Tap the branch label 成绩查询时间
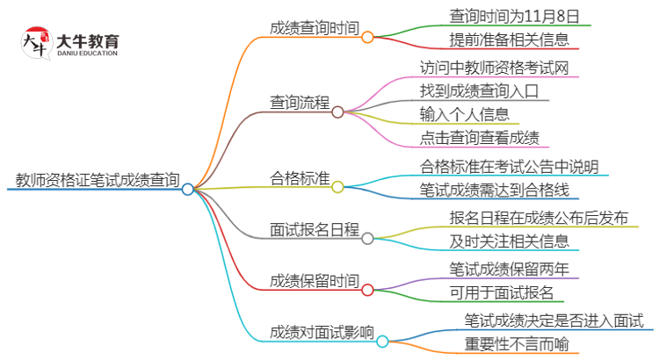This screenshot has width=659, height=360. pyautogui.click(x=314, y=28)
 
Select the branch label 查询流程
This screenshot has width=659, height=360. pyautogui.click(x=300, y=103)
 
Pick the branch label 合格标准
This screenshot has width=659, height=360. pyautogui.click(x=300, y=179)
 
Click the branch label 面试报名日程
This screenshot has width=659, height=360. pyautogui.click(x=314, y=230)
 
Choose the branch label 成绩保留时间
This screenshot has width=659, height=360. pyautogui.click(x=314, y=281)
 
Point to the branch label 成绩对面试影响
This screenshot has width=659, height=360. pyautogui.click(x=322, y=333)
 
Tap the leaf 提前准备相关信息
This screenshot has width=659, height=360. pyautogui.click(x=496, y=40)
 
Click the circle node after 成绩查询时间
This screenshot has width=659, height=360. pyautogui.click(x=367, y=37)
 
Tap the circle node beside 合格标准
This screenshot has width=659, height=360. pyautogui.click(x=337, y=187)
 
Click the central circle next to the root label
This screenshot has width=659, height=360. pyautogui.click(x=187, y=189)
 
